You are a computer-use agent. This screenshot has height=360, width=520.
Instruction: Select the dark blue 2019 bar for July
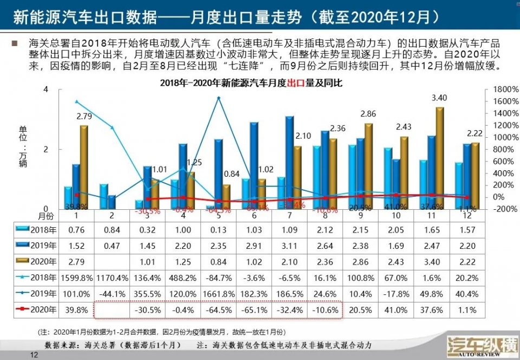290,163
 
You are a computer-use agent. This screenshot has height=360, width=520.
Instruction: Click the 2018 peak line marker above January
76,101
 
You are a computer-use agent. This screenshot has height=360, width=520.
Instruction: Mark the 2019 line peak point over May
219,98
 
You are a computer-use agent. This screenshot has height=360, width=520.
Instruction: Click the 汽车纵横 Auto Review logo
478,346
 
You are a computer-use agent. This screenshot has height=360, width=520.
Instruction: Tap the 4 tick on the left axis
46,89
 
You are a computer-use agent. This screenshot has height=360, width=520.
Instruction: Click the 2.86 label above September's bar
368,114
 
